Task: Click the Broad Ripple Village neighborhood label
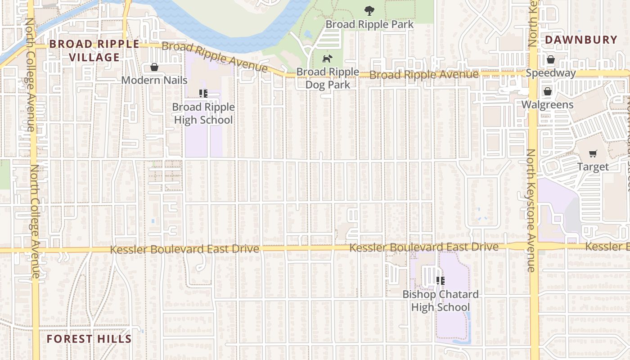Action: [94, 50]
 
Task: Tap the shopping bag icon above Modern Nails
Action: [154, 67]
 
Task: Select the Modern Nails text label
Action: [154, 80]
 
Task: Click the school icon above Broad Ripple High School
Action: [203, 94]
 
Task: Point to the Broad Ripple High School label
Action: [203, 113]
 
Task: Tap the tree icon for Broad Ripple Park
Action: [369, 11]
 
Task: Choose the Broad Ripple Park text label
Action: [369, 24]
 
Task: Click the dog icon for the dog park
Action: [327, 58]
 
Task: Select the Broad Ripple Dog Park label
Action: [328, 78]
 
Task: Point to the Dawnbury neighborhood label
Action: [581, 40]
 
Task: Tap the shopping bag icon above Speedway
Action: [551, 59]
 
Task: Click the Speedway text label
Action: [551, 73]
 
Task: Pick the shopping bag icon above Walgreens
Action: [547, 91]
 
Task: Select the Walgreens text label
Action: [547, 105]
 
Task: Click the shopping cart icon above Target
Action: [593, 153]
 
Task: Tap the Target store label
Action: [593, 167]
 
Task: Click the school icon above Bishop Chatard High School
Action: [441, 281]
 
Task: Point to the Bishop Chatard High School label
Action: [441, 301]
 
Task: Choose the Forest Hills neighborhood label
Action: [89, 339]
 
